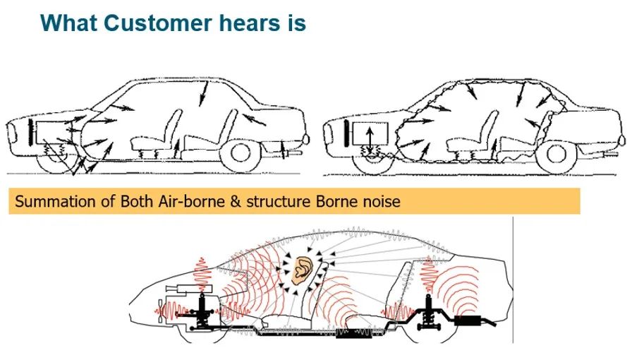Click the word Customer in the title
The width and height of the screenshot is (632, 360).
(157, 23)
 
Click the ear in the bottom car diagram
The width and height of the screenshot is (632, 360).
(303, 271)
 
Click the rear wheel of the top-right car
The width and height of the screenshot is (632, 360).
(557, 154)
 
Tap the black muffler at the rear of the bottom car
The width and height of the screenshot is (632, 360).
(468, 320)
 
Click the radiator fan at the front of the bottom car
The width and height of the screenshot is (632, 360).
(162, 311)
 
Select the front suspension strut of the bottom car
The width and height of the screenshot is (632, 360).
(202, 311)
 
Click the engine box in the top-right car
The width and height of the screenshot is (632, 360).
(370, 134)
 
